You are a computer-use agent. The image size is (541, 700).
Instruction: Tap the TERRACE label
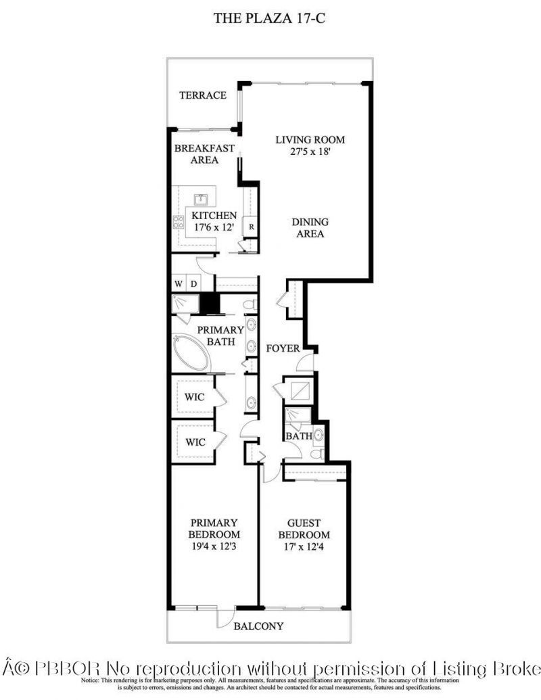coord(202,95)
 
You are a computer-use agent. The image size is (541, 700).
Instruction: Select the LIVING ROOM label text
coord(310,140)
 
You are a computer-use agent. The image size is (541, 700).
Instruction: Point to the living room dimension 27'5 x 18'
coord(310,152)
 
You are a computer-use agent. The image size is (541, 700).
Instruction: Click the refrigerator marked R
coord(251,227)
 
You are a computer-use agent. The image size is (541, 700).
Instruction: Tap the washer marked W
coord(179,283)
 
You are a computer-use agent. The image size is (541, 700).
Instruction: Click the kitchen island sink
coord(201,200)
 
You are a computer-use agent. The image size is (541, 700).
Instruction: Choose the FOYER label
coord(283,348)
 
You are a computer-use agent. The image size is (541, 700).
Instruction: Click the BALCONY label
coord(258,626)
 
